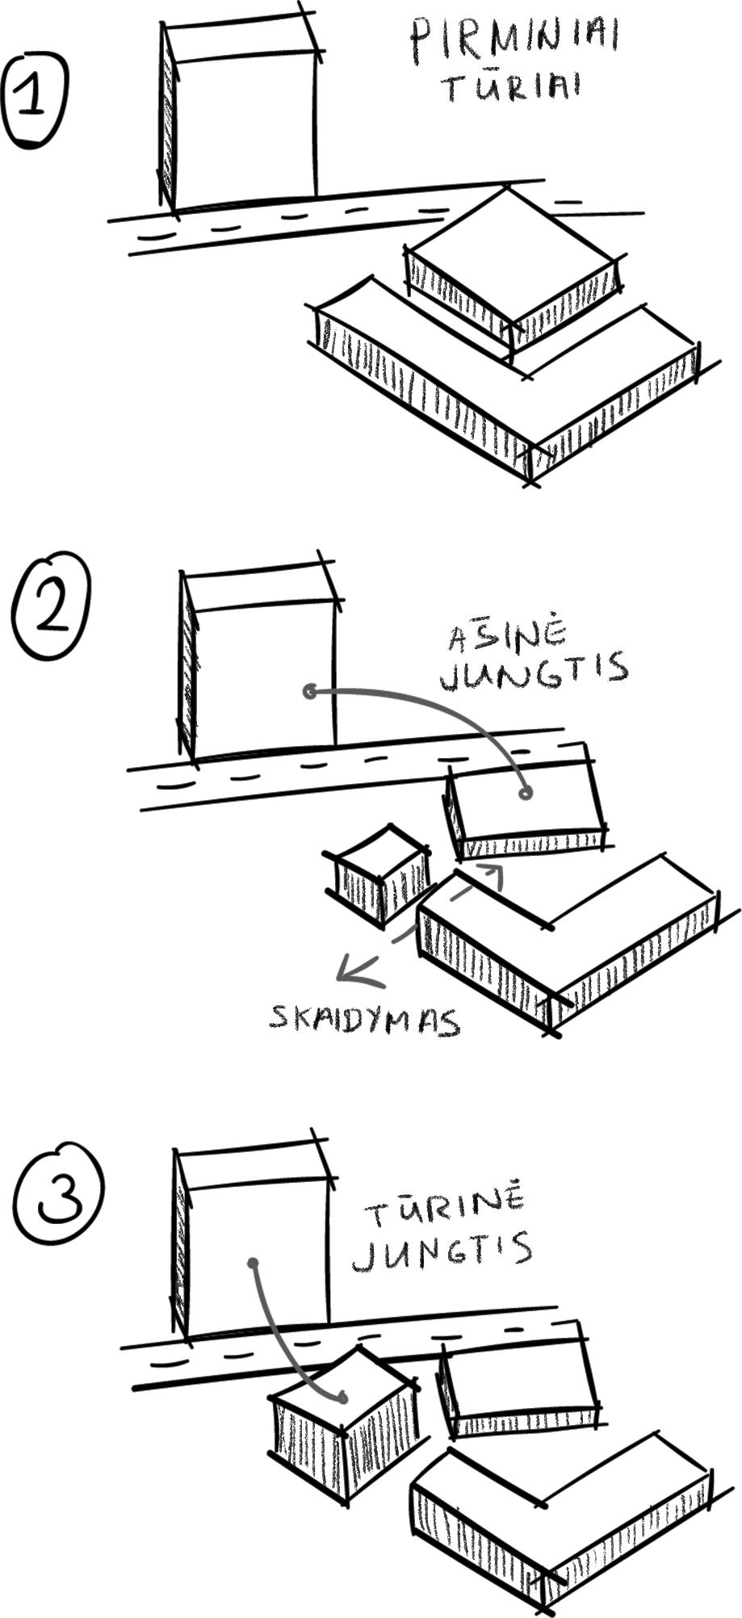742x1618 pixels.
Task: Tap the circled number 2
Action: coord(50,606)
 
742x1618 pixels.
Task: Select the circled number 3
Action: coord(57,1196)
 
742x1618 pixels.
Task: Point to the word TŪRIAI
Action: coord(510,86)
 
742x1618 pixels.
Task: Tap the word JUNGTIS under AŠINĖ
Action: coord(534,671)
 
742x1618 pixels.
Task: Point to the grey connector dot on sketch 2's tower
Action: coord(309,691)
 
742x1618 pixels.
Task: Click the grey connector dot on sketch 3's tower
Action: coord(253,1263)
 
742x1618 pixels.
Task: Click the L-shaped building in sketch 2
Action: coord(565,945)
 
